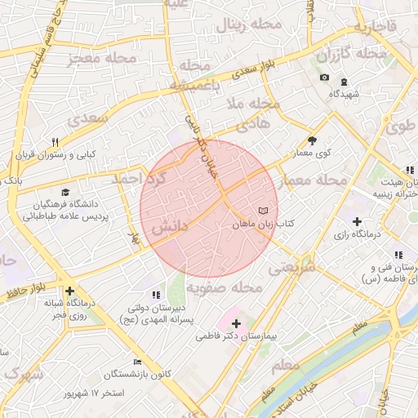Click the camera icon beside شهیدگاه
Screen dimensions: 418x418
pos(324,78)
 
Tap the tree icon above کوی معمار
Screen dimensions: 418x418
pos(312,140)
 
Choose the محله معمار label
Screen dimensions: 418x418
pos(313,180)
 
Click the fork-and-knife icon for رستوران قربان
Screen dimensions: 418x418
pos(55,141)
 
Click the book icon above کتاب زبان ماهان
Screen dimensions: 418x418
pos(262,211)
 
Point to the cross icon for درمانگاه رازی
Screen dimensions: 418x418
pos(356,220)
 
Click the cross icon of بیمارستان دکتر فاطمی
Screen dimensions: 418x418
pos(236,324)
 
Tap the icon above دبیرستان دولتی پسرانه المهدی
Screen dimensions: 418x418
pos(155,295)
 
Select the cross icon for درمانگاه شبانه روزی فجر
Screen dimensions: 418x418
pos(70,291)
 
